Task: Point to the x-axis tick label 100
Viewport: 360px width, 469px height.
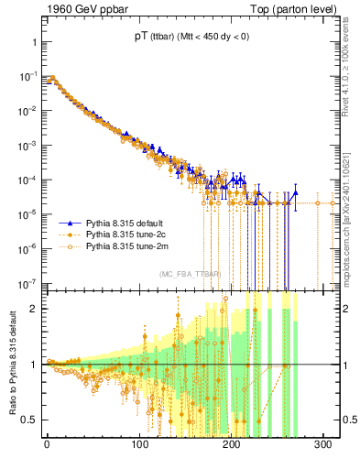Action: (139, 446)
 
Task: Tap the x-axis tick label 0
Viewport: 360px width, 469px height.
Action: (46, 446)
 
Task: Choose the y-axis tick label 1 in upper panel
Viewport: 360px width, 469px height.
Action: (31, 42)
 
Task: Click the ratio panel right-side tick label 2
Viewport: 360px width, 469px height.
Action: (346, 309)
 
